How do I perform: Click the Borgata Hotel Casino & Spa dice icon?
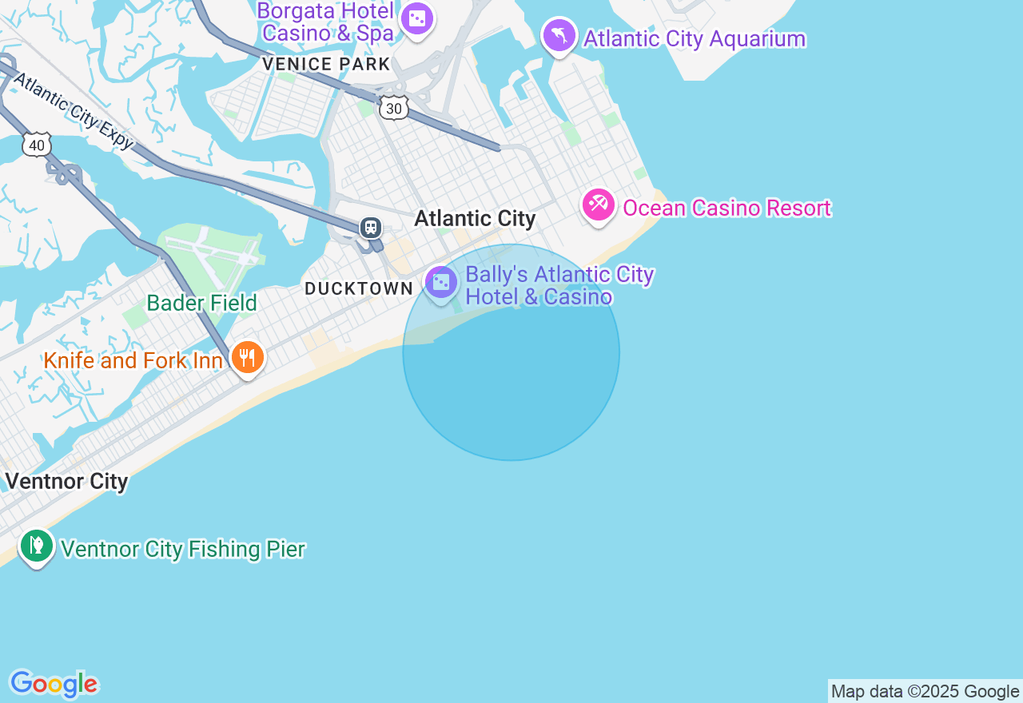(416, 18)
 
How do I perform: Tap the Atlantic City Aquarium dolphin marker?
(559, 35)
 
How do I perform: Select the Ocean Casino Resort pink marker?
(598, 205)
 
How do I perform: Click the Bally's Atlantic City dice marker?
(440, 283)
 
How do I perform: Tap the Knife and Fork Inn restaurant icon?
(248, 357)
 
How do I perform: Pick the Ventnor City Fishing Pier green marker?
(36, 546)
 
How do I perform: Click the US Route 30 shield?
(394, 108)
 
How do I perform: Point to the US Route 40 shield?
(37, 145)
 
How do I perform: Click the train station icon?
(370, 227)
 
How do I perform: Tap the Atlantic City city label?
(475, 219)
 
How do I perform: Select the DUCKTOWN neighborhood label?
(359, 289)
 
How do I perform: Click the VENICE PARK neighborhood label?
(326, 65)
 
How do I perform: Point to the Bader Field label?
(201, 304)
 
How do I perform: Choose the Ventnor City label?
(66, 482)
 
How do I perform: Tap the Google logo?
(54, 685)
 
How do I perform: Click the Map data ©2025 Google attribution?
(925, 692)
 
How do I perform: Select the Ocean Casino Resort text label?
(726, 209)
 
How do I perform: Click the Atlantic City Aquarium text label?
(694, 39)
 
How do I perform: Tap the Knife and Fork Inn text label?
(133, 361)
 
